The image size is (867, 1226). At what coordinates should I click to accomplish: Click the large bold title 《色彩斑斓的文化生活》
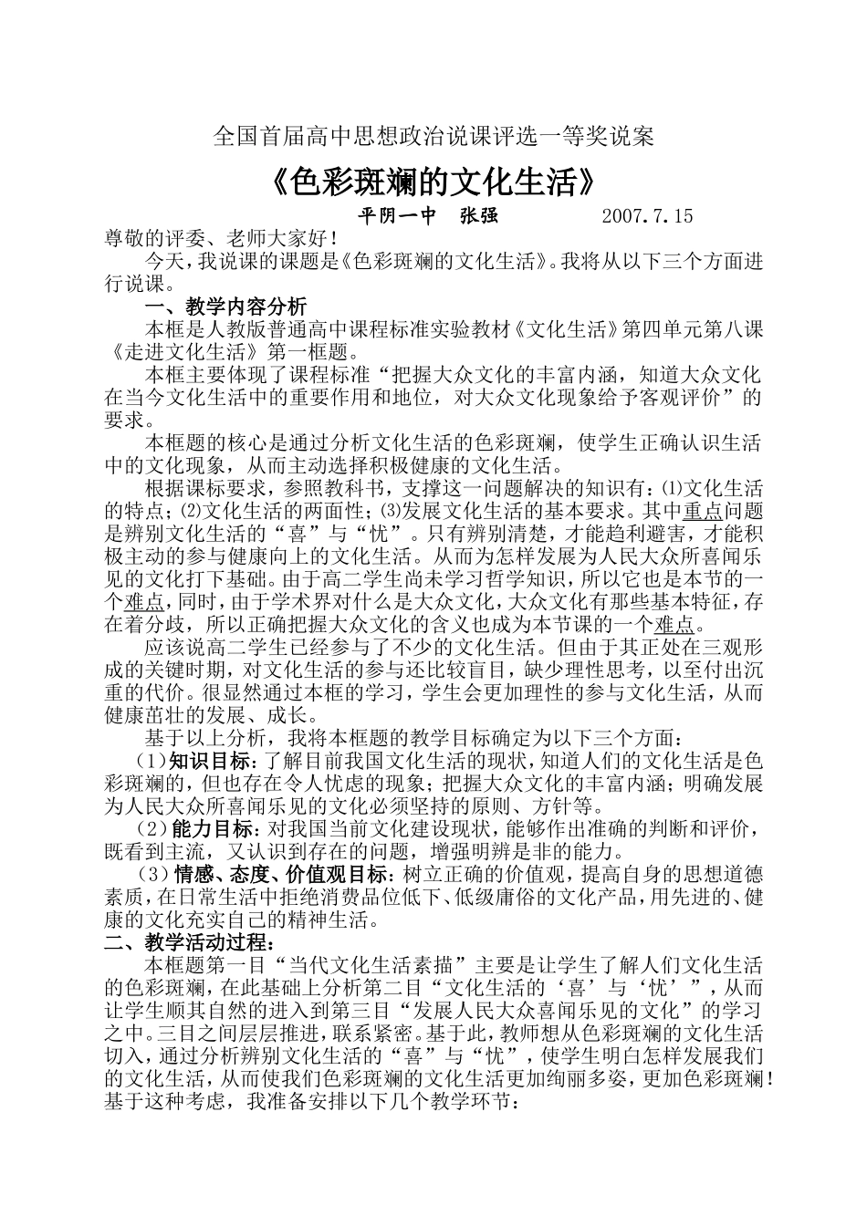[x=433, y=183]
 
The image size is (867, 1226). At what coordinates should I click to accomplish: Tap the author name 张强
[x=479, y=216]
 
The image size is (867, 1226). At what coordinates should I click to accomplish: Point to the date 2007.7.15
[x=649, y=216]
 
